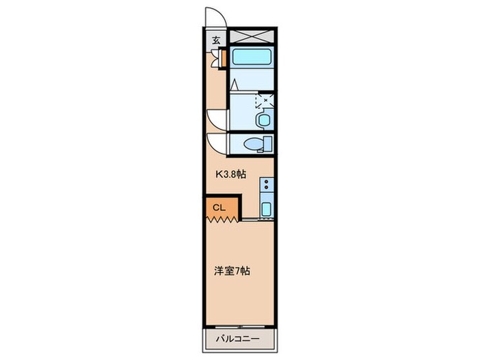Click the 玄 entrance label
coord(216,40)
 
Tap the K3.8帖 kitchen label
coord(231,174)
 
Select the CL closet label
coord(217,206)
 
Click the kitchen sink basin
coord(266,209)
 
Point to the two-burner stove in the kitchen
coord(266,186)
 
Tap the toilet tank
coord(268,144)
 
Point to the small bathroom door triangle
coord(234,86)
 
